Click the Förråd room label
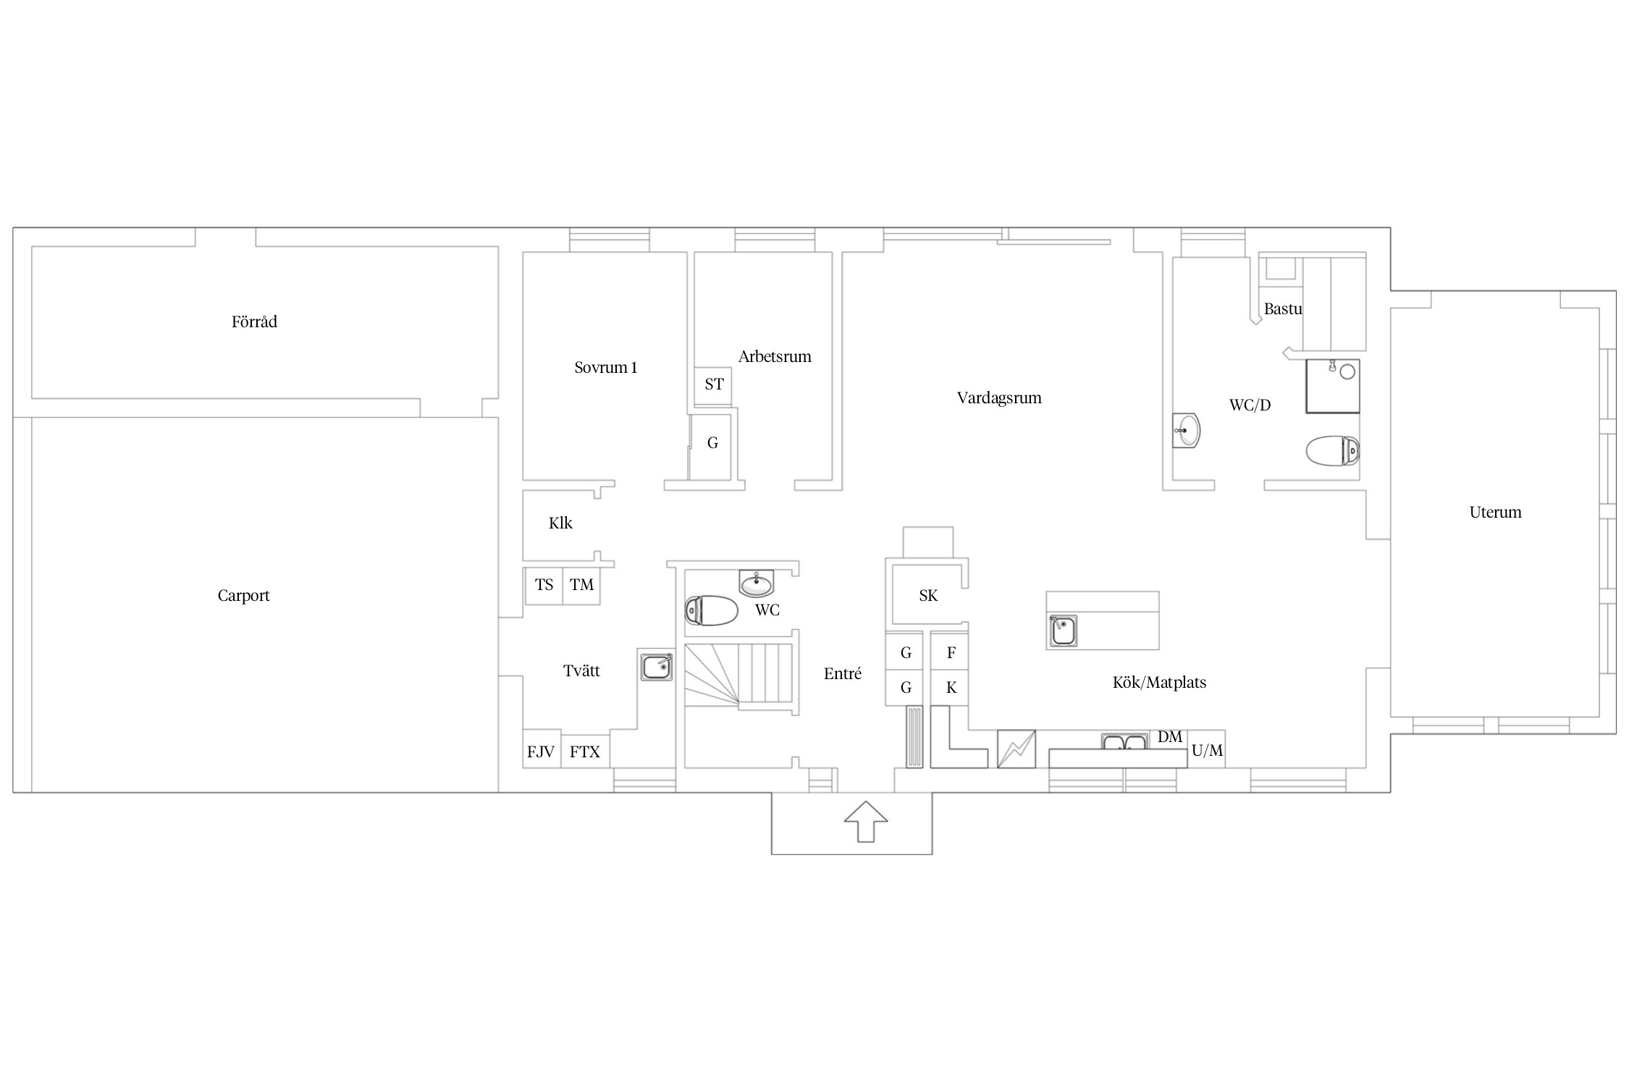point(254,322)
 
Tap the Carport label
point(243,596)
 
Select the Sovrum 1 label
point(606,368)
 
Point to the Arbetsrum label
point(775,357)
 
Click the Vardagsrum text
point(999,398)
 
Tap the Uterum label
point(1495,513)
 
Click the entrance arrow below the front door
point(866,821)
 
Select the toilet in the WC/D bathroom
point(1332,450)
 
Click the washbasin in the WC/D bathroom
point(1186,431)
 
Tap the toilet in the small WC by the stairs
point(711,610)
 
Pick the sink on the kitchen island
point(1063,631)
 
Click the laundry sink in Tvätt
point(656,665)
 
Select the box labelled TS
point(544,585)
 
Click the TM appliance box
point(581,585)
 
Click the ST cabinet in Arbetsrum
point(713,384)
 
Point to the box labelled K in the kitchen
point(950,688)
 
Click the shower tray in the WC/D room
point(1332,386)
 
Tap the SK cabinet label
point(928,596)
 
